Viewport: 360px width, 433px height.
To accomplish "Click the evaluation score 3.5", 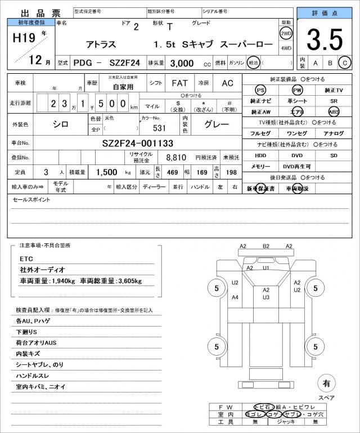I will point(325,39).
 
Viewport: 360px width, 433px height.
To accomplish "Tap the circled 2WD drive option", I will point(286,33).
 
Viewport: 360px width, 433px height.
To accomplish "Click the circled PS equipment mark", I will point(260,91).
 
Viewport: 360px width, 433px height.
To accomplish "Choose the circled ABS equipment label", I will point(334,111).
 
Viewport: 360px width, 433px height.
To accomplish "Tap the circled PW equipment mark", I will point(297,91).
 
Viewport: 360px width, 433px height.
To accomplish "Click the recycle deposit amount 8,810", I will point(176,157).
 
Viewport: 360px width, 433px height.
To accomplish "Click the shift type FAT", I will point(179,83).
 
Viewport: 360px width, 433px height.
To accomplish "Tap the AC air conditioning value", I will point(227,83).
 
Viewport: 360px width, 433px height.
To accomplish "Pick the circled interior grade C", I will point(346,63).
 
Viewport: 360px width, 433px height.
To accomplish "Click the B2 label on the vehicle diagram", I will point(266,246).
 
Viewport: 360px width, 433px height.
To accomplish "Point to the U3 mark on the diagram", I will point(266,297).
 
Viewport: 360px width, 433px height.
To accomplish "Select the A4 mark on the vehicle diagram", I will point(235,297).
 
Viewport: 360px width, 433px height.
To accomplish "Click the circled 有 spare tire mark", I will point(326,384).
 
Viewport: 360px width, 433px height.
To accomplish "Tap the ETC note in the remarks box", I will point(26,258).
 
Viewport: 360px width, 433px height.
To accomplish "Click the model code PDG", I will point(84,63).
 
